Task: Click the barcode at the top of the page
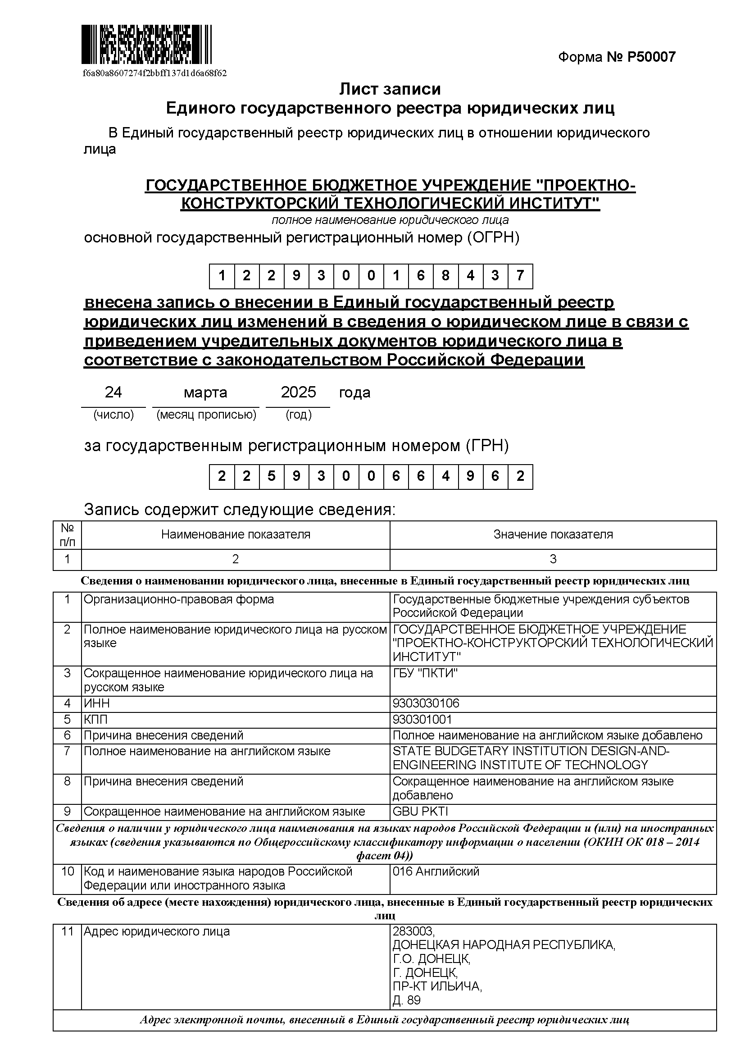146,45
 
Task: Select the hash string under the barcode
154,73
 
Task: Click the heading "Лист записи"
390,89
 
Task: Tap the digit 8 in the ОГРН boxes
445,276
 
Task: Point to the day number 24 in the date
114,392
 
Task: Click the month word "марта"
205,393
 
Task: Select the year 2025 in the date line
298,392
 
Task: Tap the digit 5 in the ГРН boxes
272,476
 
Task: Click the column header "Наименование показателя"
235,534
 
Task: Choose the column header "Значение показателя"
553,534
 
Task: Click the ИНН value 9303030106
426,703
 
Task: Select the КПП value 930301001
422,719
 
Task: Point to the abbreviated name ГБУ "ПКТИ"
425,673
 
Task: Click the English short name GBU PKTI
420,811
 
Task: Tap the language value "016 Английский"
436,871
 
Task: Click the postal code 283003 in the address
413,931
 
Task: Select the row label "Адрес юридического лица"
156,931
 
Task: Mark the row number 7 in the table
68,752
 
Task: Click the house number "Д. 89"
406,1000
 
